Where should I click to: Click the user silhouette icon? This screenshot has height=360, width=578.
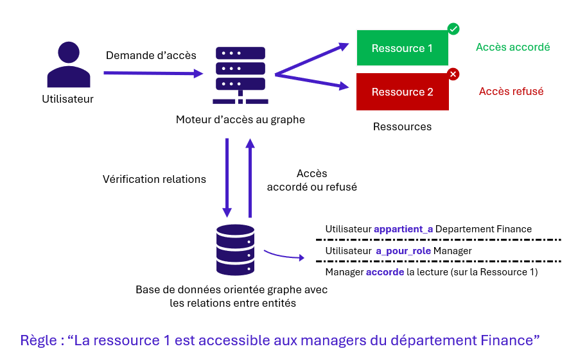coord(69,65)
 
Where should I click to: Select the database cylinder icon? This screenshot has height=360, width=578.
coord(236,250)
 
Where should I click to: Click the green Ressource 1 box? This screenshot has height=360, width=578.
coord(402,48)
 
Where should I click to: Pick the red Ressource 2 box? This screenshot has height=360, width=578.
coord(402,92)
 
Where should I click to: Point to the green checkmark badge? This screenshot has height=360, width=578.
coord(453,29)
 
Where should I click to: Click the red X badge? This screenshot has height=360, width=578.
coord(453,74)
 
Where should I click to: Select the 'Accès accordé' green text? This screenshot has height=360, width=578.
coord(512,47)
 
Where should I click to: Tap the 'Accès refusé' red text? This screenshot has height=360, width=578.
coord(511,91)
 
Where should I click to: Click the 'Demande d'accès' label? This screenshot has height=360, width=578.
coord(151,55)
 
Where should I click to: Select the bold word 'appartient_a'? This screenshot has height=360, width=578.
coord(403,229)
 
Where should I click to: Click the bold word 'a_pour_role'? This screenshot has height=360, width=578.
coord(403,251)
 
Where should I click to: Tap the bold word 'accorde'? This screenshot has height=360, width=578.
coord(385,272)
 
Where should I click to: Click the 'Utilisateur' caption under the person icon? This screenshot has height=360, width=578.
coord(68,99)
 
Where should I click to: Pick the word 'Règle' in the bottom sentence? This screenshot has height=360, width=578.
coord(39,339)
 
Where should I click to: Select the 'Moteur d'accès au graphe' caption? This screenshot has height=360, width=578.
coord(240,119)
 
